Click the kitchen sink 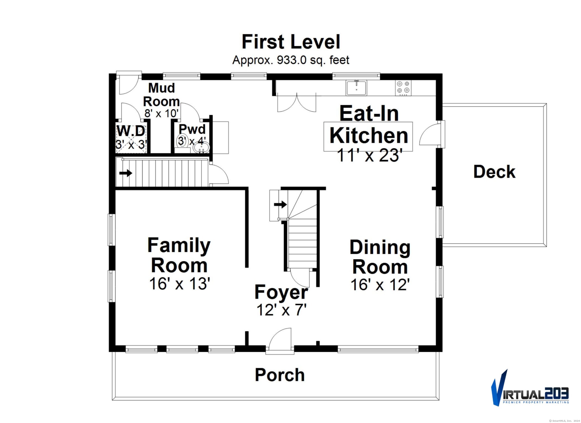(x=356, y=88)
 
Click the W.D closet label (x=131, y=131)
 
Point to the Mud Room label (x=161, y=95)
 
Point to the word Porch (x=280, y=375)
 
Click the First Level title (x=291, y=42)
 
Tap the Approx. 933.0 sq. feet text (x=291, y=60)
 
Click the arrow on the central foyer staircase (x=280, y=204)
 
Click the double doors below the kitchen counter (x=297, y=103)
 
